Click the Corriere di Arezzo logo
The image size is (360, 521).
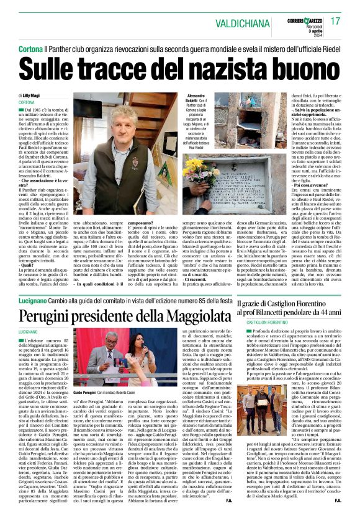pyautogui.click(x=299, y=19)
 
